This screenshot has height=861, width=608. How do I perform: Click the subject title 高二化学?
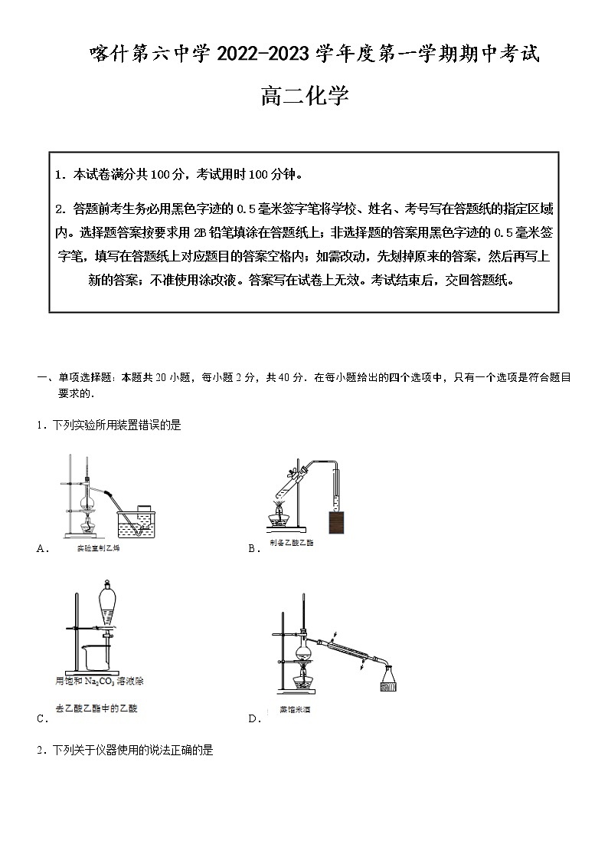304,97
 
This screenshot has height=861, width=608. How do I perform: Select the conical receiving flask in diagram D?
390,681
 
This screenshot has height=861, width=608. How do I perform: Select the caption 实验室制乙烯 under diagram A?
99,549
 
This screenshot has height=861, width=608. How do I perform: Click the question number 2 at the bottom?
40,751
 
